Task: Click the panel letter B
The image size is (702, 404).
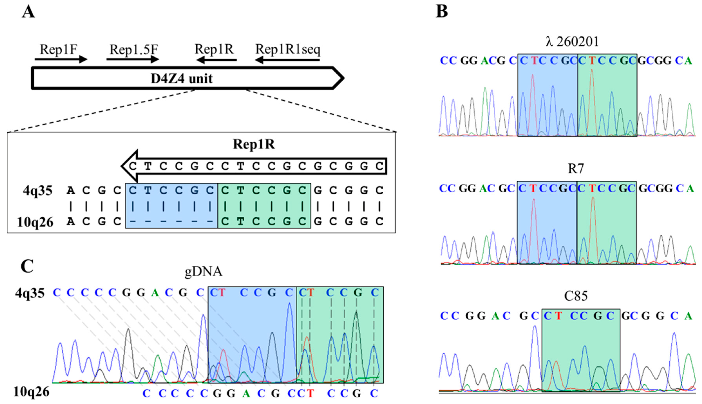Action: [x=442, y=12]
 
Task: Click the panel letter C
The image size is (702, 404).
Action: [x=27, y=266]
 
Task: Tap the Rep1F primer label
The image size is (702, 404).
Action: [x=58, y=49]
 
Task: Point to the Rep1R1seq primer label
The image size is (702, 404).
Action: [x=288, y=49]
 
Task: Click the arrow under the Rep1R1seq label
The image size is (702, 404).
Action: [x=287, y=59]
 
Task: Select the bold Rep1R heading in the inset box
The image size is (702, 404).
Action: [x=254, y=144]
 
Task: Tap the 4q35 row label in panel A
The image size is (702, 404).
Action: [x=38, y=191]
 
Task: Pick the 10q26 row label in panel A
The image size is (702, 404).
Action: [x=35, y=222]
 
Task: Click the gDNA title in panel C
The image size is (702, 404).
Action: [x=203, y=272]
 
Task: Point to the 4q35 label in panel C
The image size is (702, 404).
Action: [x=30, y=293]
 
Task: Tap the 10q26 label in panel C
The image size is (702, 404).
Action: [x=31, y=392]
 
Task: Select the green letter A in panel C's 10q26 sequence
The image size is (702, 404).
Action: [x=246, y=393]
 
